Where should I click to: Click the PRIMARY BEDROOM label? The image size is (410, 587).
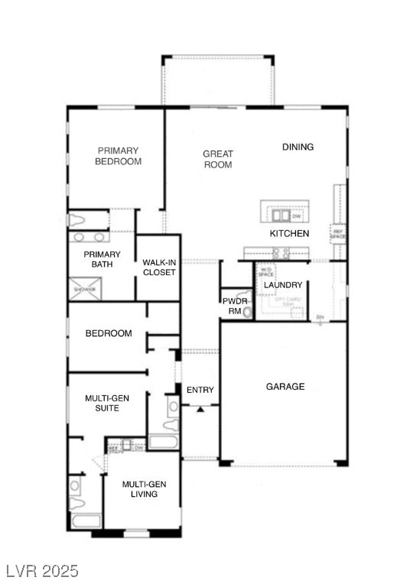118,156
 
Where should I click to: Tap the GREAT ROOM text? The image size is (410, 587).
217,159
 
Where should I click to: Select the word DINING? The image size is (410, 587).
298,147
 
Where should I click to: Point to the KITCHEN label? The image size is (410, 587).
289,233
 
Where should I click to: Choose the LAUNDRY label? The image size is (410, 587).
282,285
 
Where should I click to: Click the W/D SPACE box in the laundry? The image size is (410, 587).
265,271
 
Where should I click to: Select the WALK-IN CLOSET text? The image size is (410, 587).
158,268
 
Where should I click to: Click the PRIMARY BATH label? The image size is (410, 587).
102,259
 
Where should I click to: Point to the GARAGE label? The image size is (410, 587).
285,387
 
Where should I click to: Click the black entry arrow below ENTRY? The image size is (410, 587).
200,410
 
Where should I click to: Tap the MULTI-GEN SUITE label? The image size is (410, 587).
106,403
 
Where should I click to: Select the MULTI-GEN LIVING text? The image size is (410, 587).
140,488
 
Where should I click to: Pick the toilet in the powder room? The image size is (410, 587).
246,312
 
